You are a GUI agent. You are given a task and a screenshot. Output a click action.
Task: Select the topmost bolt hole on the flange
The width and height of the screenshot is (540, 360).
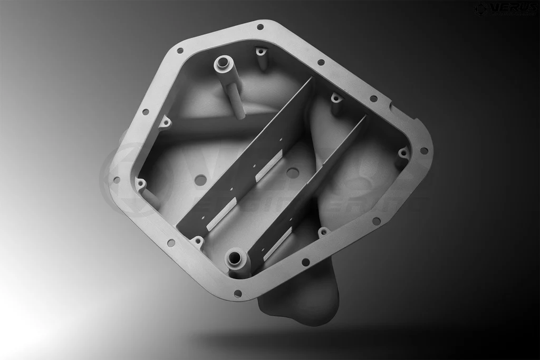pos(260,27)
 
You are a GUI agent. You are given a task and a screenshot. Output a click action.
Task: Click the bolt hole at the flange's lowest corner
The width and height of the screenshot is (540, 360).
pos(237,293)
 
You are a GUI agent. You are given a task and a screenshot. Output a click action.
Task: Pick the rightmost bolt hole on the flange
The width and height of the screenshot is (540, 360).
pos(423,151)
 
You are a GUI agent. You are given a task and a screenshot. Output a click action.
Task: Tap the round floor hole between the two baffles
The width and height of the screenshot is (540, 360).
pos(293,172)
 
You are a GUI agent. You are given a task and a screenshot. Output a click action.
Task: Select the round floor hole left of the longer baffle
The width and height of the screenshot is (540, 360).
pos(200,180)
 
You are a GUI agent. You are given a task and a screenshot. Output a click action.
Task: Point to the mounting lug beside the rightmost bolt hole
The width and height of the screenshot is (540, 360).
pos(403,153)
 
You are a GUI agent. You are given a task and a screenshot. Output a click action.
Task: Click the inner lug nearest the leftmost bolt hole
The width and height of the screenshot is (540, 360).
pos(141,184)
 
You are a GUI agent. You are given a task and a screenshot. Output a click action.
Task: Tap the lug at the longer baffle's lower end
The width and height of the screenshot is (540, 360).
pos(198,241)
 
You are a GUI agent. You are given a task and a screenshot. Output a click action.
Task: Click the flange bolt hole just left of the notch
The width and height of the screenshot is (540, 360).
pos(373,99)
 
